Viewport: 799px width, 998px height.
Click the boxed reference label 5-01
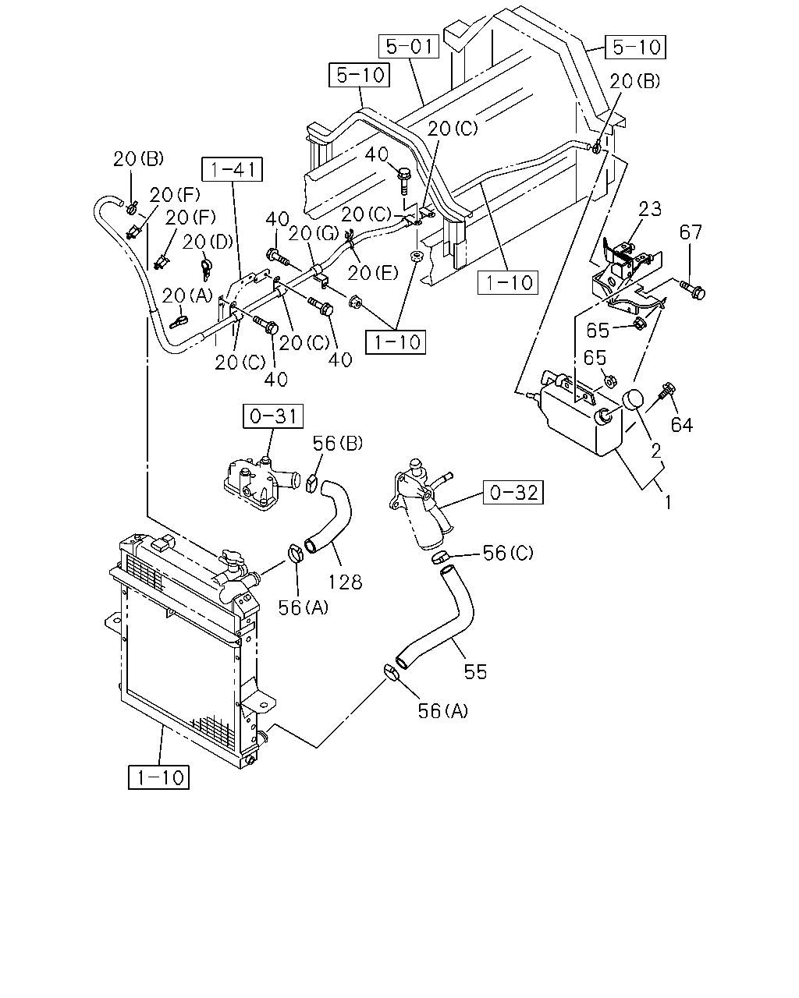click(409, 46)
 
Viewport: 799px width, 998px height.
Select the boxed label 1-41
click(233, 169)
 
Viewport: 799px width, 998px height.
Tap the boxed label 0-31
click(273, 416)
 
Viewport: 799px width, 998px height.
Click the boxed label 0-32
click(513, 492)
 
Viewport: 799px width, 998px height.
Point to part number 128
click(346, 582)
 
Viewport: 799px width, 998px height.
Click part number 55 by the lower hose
click(475, 672)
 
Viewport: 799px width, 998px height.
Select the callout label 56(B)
click(338, 444)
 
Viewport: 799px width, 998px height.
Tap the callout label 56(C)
click(509, 552)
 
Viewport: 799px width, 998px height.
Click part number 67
click(691, 232)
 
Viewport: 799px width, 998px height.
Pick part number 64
click(682, 425)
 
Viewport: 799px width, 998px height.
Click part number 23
click(649, 209)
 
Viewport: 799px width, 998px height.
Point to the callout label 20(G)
click(314, 234)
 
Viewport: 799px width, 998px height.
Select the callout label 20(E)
click(373, 273)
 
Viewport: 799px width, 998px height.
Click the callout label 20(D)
click(208, 242)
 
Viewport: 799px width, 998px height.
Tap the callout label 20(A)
click(187, 296)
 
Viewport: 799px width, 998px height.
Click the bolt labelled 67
click(693, 289)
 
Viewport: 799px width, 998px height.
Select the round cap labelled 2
click(633, 400)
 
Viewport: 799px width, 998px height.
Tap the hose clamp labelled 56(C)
click(441, 557)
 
